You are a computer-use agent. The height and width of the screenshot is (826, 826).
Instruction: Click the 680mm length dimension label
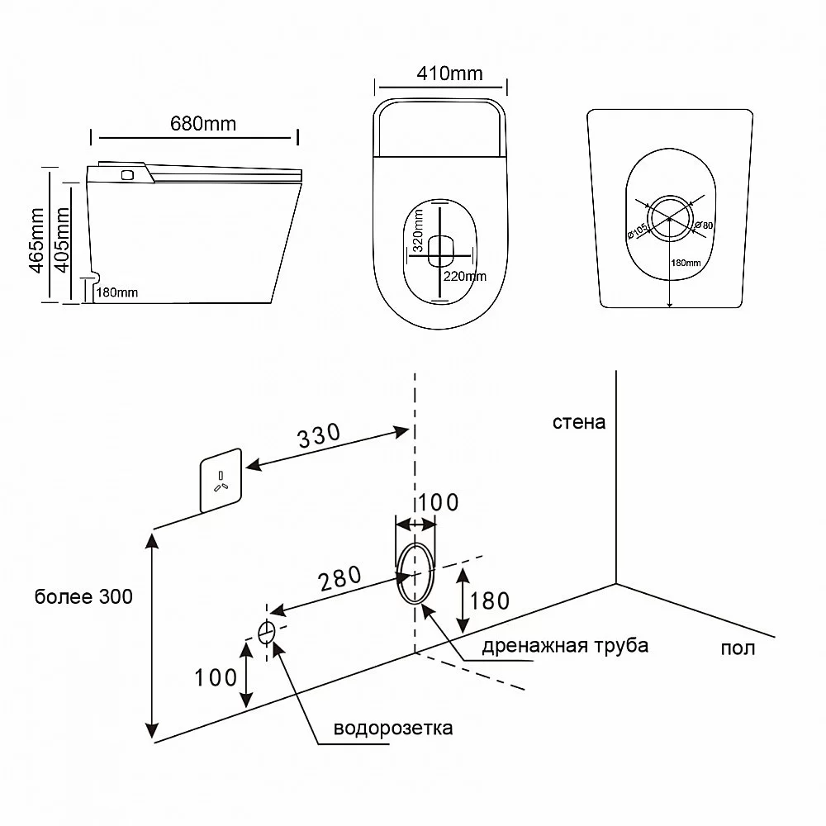(202, 124)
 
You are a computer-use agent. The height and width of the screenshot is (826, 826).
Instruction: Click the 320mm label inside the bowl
(419, 230)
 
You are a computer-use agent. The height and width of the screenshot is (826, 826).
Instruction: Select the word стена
(580, 423)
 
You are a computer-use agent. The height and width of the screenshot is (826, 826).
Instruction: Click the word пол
(738, 648)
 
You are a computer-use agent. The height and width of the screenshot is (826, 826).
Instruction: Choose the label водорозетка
(393, 729)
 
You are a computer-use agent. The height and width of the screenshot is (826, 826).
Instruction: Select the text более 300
(83, 596)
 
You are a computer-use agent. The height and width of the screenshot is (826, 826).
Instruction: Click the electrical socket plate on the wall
(221, 481)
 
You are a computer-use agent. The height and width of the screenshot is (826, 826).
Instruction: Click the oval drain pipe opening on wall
(415, 573)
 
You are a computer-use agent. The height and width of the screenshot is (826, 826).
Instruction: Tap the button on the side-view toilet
(126, 174)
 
